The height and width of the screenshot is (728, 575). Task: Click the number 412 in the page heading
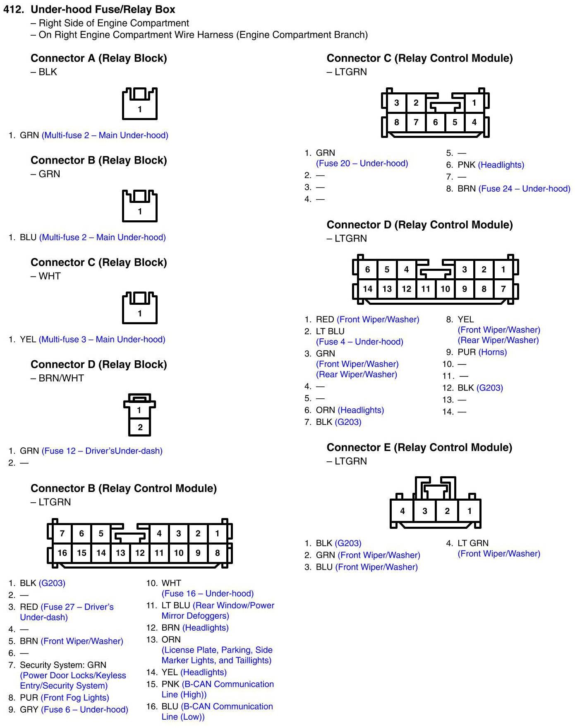tap(13, 9)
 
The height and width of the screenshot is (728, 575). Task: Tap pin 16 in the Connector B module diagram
tap(62, 553)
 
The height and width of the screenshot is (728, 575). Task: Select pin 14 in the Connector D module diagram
tap(367, 289)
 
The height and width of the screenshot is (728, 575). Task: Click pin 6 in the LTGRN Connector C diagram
tap(435, 122)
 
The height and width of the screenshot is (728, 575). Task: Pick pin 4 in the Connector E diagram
tap(402, 511)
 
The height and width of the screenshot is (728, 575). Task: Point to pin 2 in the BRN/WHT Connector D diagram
tap(140, 427)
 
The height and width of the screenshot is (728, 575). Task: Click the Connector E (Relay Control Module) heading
tap(419, 447)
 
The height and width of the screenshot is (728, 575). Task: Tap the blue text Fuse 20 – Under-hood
tap(362, 163)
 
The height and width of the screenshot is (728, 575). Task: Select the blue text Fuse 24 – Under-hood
tap(524, 189)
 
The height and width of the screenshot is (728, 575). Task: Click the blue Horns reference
tap(492, 352)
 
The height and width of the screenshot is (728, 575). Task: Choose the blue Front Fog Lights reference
tap(75, 698)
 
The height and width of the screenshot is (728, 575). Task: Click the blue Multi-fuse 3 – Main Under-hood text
tap(102, 340)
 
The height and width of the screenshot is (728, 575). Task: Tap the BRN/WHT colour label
tap(61, 378)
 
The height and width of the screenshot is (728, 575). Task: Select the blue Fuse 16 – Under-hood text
tap(208, 593)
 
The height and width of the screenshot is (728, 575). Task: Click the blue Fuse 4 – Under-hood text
tap(359, 342)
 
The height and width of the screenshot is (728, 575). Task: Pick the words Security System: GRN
tap(63, 665)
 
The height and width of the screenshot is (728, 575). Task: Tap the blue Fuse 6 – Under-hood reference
tap(84, 710)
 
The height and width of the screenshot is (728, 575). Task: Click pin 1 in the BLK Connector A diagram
tap(140, 109)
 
